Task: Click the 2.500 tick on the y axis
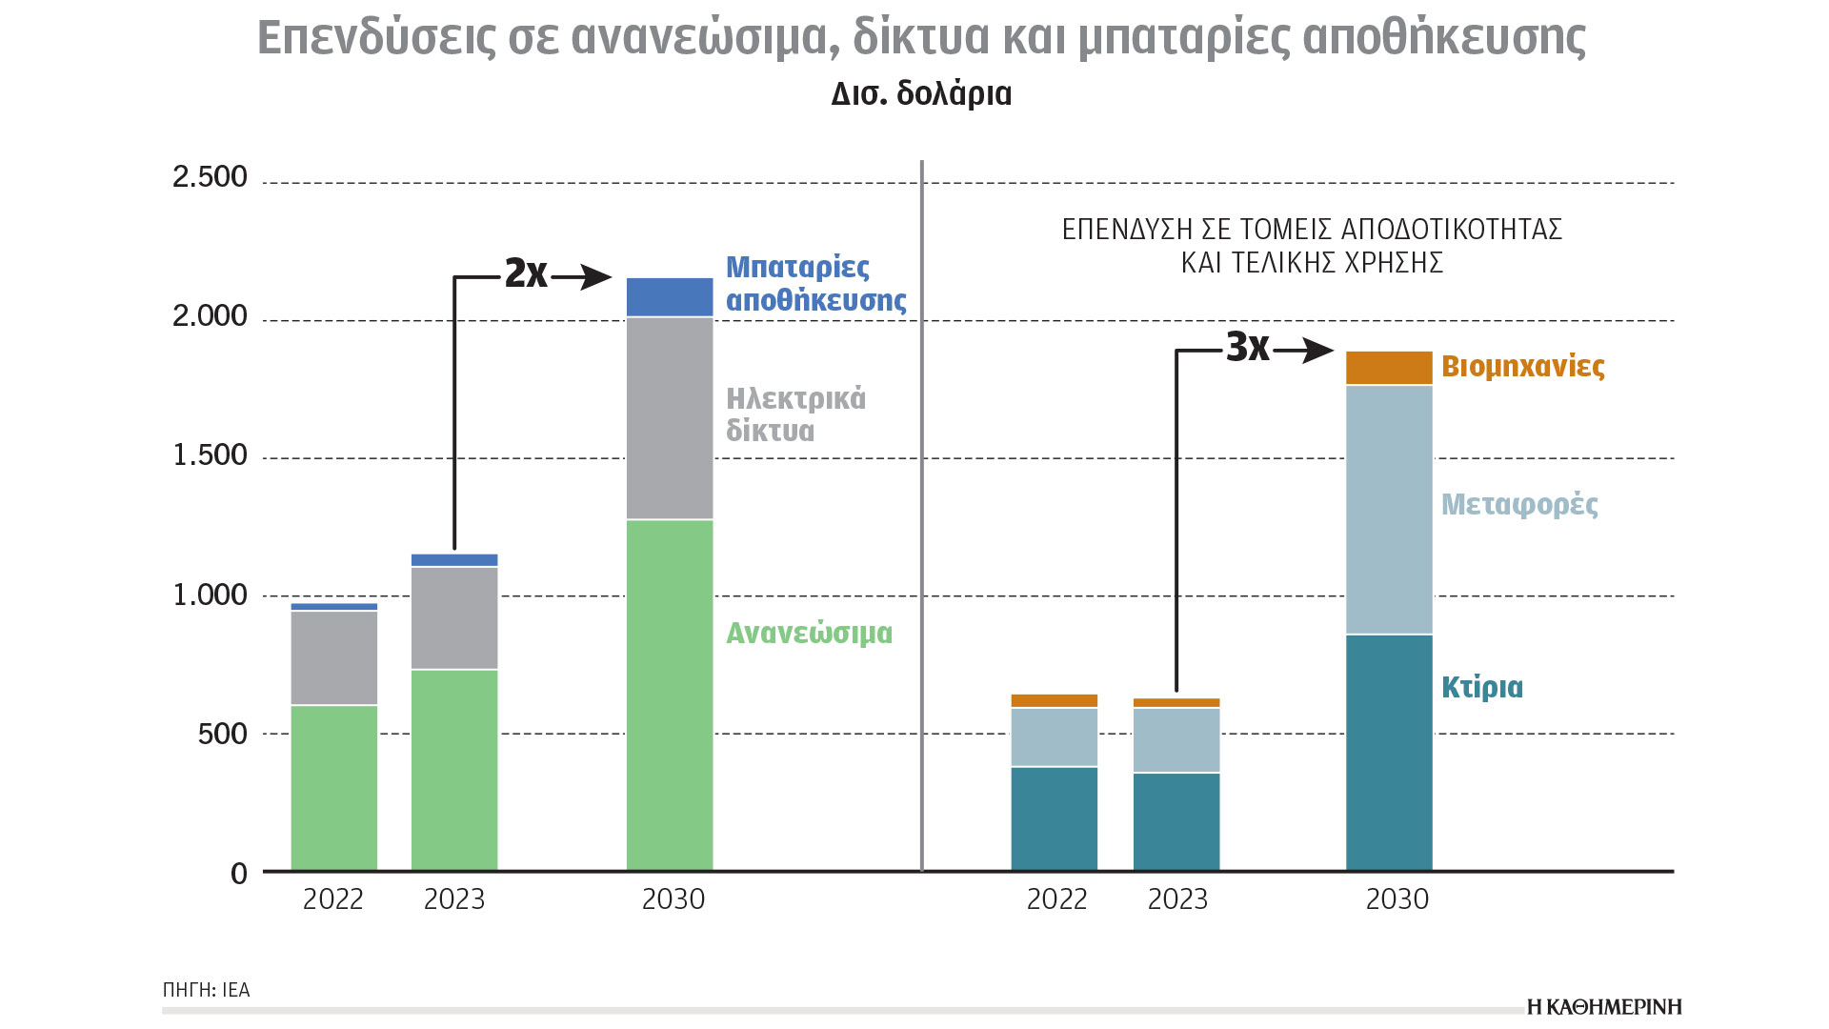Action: pos(210,177)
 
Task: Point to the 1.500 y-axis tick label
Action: pos(210,455)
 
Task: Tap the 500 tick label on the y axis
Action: pos(222,734)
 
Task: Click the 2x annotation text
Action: pos(526,273)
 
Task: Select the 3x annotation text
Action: pos(1247,348)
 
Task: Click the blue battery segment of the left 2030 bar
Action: pos(670,297)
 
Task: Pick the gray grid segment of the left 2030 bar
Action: pos(670,417)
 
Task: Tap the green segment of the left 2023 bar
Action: pos(454,769)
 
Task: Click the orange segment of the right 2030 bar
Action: pos(1389,368)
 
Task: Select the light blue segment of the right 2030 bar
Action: pos(1389,510)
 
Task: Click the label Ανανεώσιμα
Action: pos(809,634)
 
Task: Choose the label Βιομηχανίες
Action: pos(1522,367)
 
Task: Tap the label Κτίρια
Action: pos(1481,687)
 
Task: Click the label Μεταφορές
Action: pos(1519,504)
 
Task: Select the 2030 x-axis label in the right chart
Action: pos(1397,899)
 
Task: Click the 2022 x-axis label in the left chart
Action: pos(333,899)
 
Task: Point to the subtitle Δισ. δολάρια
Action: pos(921,94)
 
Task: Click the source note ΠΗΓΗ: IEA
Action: pos(207,990)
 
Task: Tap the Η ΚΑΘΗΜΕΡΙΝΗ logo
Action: pos(1604,1007)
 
